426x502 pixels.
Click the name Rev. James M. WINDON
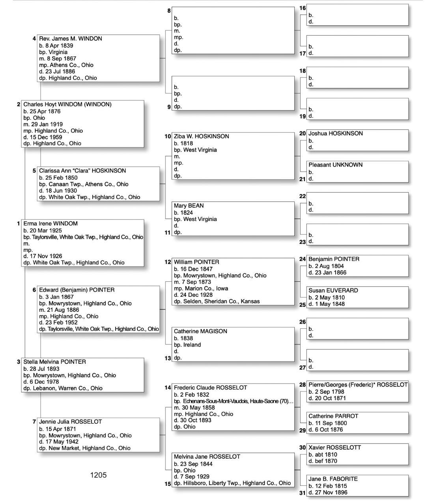coord(70,39)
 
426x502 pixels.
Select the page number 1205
coord(98,475)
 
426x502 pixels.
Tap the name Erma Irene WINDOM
coord(50,223)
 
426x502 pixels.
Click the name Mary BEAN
coord(189,206)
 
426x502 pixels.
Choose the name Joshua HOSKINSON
coord(335,133)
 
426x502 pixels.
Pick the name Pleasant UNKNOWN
coord(335,165)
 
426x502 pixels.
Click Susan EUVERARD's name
coord(333,290)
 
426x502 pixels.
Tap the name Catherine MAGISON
coord(200,331)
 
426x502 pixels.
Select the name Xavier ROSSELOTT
coord(334,448)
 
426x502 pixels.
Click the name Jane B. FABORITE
coord(333,479)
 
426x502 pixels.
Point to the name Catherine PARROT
coord(333,416)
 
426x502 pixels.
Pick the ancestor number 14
coord(168,388)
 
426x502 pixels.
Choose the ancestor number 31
coord(302,493)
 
